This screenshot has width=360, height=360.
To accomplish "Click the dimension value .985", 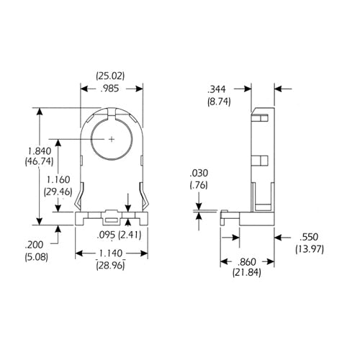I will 110,89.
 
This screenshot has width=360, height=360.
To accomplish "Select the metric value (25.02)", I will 110,75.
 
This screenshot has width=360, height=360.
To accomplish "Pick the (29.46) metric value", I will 59,192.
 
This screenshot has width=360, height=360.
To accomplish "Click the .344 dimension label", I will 216,90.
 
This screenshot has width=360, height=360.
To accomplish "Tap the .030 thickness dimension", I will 198,174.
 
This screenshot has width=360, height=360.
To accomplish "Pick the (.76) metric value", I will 198,186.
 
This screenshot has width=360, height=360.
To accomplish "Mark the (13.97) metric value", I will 307,248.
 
